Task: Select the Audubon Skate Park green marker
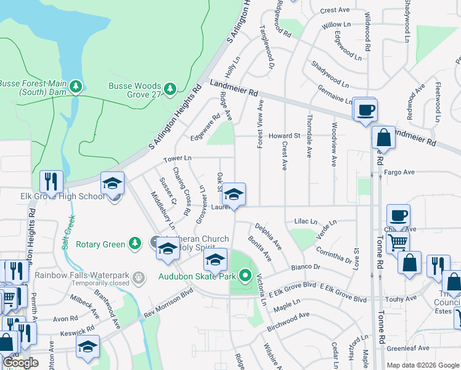click(245, 276)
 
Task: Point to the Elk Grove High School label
click(53, 197)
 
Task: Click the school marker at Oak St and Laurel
click(234, 195)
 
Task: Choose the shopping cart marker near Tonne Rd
click(398, 242)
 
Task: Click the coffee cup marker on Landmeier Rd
click(366, 110)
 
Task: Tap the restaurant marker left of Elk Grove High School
click(51, 181)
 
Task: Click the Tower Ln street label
click(177, 159)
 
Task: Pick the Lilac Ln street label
click(306, 221)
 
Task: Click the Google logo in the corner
click(21, 363)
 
